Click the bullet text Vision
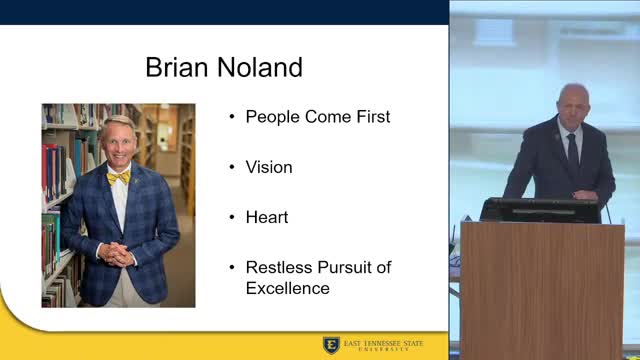(269, 167)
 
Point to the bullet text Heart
(266, 217)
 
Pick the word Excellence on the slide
(288, 288)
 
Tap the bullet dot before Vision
(231, 167)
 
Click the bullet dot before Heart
(231, 217)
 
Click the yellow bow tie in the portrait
(118, 178)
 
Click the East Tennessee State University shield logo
(331, 345)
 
